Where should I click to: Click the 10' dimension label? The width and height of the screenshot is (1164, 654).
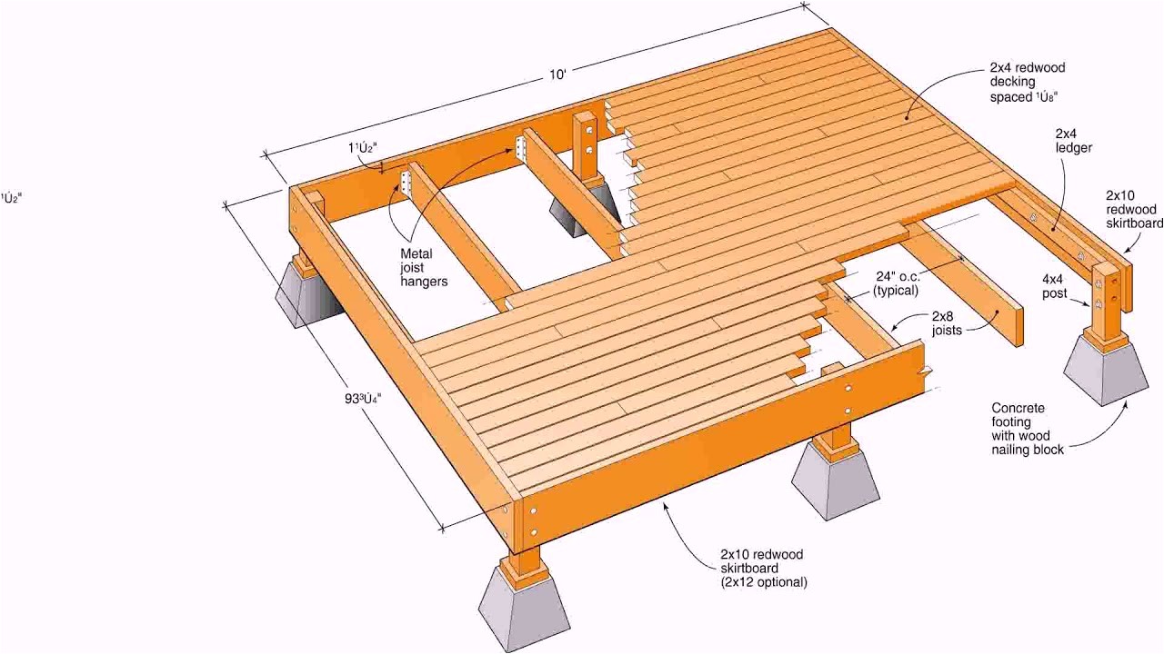pos(557,75)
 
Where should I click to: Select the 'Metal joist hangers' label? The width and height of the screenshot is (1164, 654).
pos(424,268)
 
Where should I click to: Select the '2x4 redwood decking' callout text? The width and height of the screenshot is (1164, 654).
pos(1027,82)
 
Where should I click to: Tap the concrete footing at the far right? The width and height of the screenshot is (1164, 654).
pos(1106,371)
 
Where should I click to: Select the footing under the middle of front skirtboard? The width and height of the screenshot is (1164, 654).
pos(835,481)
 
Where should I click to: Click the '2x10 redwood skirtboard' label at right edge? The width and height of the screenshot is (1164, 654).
pos(1133,209)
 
